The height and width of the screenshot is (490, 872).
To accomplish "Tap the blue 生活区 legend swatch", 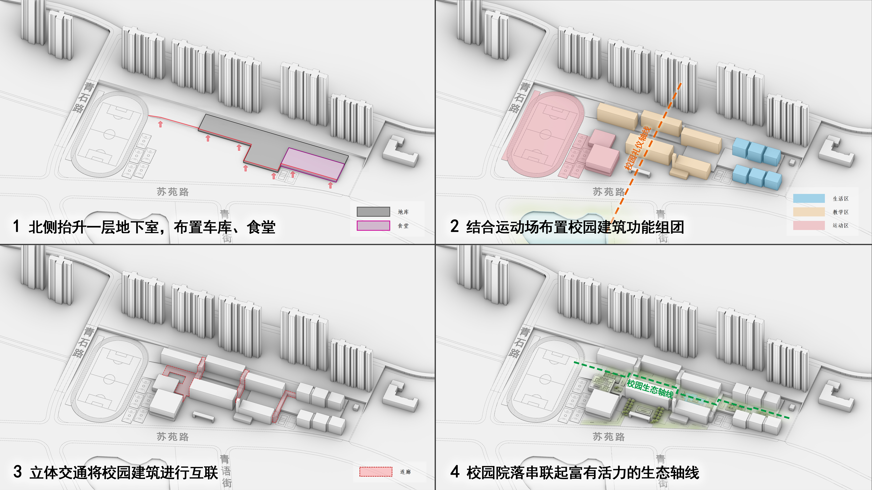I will pos(809,198).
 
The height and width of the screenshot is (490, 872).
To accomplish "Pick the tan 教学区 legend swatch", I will pos(809,212).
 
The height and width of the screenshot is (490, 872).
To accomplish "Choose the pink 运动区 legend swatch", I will pos(809,225).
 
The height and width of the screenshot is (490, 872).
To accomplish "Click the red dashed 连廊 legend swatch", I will pos(376,471).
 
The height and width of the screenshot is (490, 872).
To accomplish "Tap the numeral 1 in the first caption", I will pos(16,226).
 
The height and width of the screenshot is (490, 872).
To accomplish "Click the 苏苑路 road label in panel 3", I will pos(173,437).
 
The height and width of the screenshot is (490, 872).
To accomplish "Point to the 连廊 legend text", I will pos(405,472).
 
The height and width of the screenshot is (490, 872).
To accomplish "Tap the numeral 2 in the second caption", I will pos(454,226).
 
